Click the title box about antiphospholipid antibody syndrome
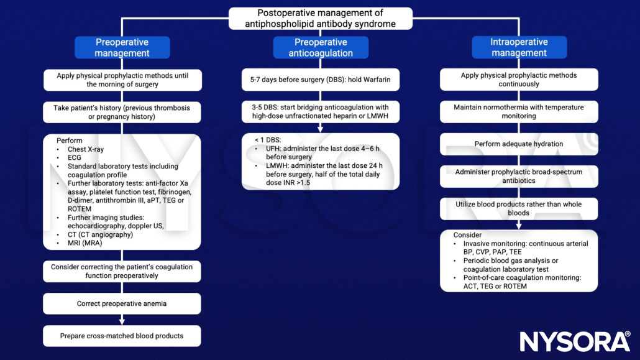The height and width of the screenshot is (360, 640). point(320,19)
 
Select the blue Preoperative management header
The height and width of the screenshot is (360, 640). point(122,48)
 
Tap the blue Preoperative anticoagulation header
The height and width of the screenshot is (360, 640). point(321,48)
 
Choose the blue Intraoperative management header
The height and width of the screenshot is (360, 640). point(519,48)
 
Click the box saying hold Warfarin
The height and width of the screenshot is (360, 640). point(320,80)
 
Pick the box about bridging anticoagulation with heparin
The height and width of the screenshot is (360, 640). point(320,112)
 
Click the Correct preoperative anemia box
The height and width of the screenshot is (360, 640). point(122,304)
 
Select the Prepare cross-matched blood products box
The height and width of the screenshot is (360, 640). point(122,336)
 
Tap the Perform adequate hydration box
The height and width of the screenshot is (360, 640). point(519,144)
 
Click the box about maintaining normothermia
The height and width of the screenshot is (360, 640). point(519,112)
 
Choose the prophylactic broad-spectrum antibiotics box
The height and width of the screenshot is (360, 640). point(519,177)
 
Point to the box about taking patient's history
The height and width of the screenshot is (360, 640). point(122,112)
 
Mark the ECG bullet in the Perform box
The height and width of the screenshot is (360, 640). point(81,158)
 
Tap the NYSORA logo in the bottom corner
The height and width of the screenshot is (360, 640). point(575,341)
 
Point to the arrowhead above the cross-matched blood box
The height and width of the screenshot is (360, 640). point(122,321)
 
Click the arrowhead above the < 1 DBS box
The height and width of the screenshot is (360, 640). point(320,129)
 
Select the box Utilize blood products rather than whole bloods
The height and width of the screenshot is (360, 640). point(519,208)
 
